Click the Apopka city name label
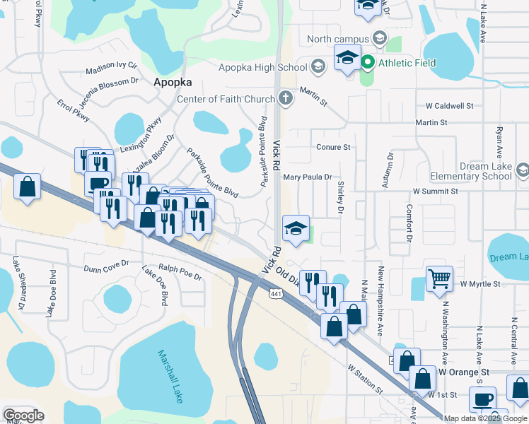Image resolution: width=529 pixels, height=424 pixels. [173, 82]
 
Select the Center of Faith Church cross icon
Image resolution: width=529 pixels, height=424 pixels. [286, 98]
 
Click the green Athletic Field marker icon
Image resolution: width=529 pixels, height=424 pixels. [368, 63]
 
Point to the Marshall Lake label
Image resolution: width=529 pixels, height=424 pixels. [170, 377]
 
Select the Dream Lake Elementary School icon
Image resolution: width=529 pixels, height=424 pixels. [522, 170]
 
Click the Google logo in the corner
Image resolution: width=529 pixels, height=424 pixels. [23, 415]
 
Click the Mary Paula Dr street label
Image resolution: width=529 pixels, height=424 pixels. [308, 178]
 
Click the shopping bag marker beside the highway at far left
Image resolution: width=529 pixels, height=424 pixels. [28, 187]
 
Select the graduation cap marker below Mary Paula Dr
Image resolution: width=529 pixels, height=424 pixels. [296, 228]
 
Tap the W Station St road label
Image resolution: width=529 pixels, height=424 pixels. [365, 379]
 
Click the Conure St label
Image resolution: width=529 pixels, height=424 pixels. [333, 147]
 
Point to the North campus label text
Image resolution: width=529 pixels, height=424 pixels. [338, 38]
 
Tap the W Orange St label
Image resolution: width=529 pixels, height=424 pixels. [463, 372]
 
